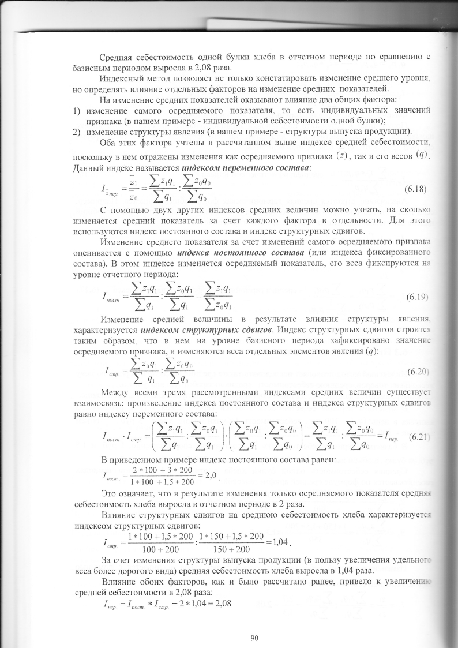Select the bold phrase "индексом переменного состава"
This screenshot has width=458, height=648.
point(245,167)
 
